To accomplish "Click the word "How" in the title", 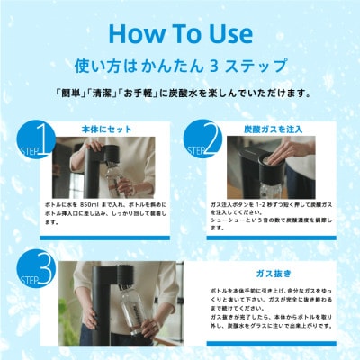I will click(x=134, y=33).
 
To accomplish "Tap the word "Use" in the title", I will click(x=225, y=33).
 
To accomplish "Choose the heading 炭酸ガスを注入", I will click(x=270, y=128).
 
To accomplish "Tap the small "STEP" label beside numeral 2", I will click(x=190, y=141).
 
